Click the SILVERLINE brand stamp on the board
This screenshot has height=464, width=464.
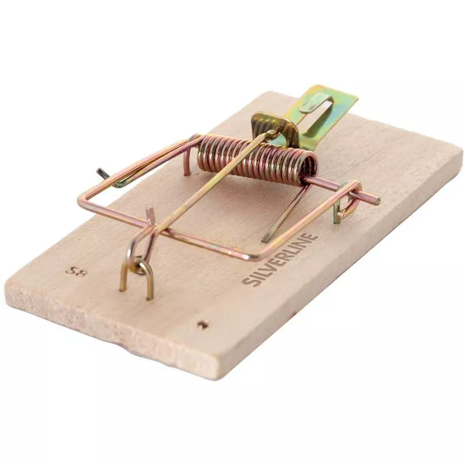[280, 259]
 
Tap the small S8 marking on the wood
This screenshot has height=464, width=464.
[76, 271]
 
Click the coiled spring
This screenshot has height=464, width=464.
[258, 158]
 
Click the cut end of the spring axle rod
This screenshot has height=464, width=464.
[377, 200]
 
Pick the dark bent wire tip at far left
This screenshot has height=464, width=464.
[102, 172]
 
